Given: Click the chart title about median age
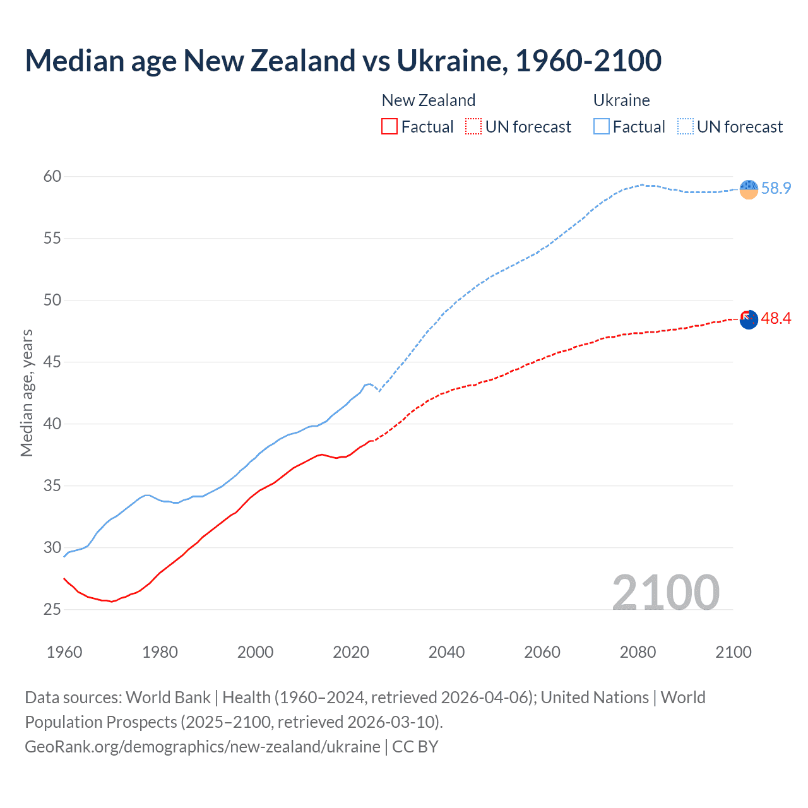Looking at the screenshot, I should (343, 61).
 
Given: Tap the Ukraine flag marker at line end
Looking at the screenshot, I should (749, 189).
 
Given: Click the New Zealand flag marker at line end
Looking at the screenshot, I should (749, 319).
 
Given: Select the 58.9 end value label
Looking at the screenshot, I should (776, 188).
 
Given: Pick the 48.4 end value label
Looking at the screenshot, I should (776, 318).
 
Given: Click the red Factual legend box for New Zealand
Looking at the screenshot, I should (389, 127).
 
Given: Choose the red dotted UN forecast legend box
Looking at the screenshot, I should (473, 127).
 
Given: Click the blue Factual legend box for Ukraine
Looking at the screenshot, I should (602, 127).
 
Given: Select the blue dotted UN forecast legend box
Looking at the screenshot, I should (686, 127).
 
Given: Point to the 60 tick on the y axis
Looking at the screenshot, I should (52, 176).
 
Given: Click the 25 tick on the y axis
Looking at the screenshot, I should (52, 610).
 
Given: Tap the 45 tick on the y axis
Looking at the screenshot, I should (52, 362).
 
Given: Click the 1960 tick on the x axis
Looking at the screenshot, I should (64, 652).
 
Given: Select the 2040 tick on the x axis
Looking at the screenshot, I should (446, 652).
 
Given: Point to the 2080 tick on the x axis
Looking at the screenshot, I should (638, 652).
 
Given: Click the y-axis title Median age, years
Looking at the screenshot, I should (27, 393).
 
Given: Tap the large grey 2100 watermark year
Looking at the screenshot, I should (665, 593).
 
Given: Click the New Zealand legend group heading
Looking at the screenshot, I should (429, 100).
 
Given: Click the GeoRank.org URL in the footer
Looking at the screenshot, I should (203, 747).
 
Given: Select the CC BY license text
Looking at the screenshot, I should (415, 747).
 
